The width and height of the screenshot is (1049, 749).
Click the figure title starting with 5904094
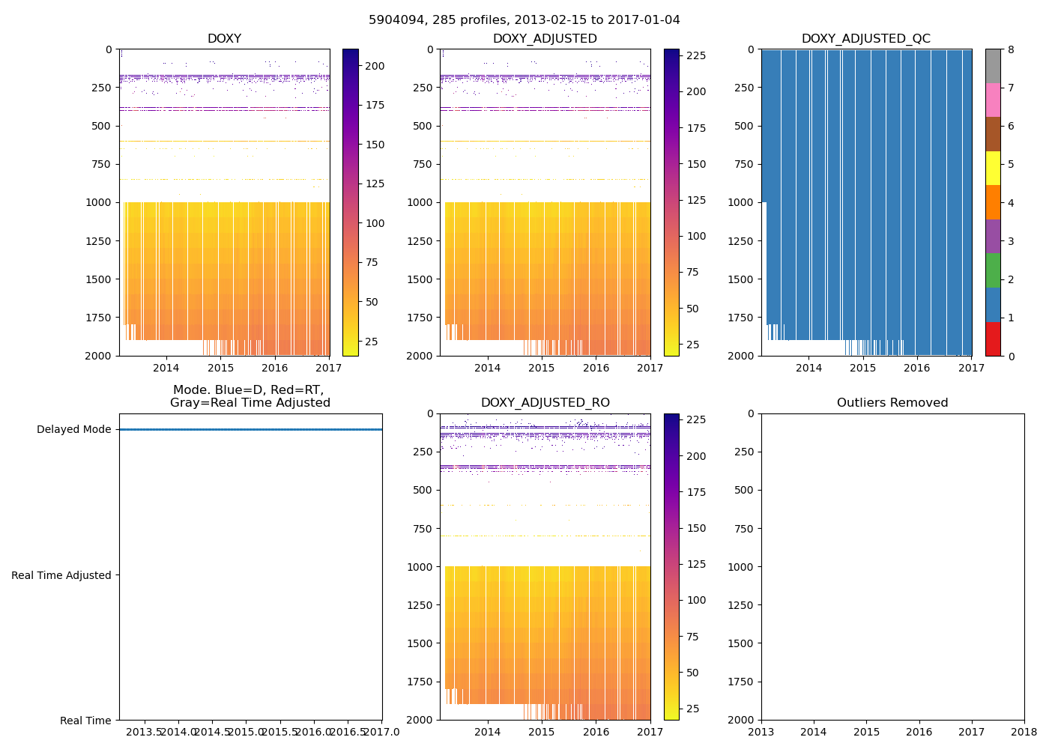click(x=524, y=20)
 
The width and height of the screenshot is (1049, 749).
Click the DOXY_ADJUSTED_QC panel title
click(x=865, y=39)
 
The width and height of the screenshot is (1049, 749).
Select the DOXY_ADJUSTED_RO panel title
click(x=545, y=403)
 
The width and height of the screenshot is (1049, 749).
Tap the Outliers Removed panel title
click(x=892, y=403)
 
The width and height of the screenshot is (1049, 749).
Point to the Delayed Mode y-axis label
click(x=73, y=430)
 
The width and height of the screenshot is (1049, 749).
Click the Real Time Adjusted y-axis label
click(x=61, y=575)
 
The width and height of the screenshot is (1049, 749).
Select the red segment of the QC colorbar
click(x=993, y=339)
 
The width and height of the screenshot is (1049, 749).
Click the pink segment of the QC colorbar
click(x=993, y=100)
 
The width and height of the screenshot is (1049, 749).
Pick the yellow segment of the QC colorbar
click(x=993, y=168)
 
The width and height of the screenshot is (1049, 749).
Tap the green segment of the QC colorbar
click(x=993, y=270)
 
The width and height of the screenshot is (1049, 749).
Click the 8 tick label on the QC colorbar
click(x=1011, y=50)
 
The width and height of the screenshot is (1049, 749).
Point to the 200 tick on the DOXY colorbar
click(x=375, y=66)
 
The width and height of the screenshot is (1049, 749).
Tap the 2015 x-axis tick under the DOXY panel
click(x=220, y=368)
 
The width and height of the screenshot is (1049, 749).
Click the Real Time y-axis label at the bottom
click(x=85, y=721)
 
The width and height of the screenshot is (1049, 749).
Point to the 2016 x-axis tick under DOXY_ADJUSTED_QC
click(x=916, y=368)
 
